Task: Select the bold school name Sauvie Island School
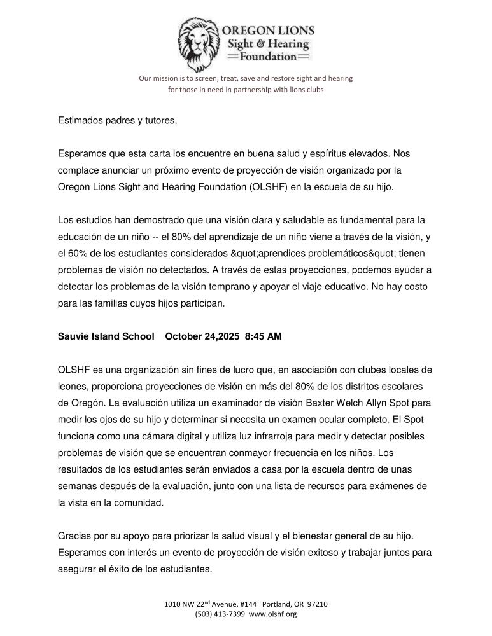pyautogui.click(x=106, y=337)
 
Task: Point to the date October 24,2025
pyautogui.click(x=200, y=337)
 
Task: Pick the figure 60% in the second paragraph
pyautogui.click(x=74, y=253)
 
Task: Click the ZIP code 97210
pyautogui.click(x=316, y=604)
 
